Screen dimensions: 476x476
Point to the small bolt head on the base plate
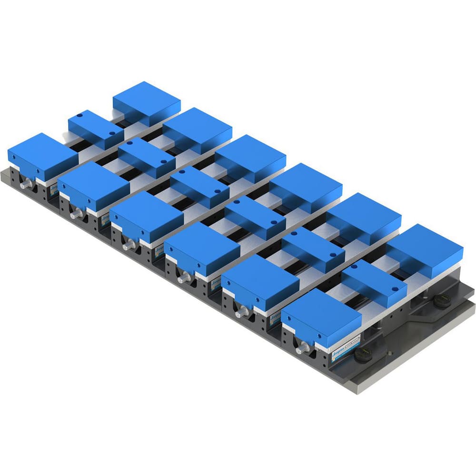click(x=389, y=353)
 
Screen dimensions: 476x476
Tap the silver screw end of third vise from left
click(x=128, y=246)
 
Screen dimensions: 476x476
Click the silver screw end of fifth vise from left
click(x=241, y=311)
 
